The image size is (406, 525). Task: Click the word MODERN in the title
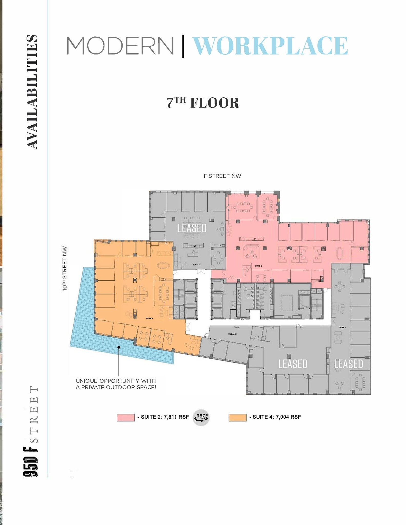pos(120,46)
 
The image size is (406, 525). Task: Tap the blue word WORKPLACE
pos(270,46)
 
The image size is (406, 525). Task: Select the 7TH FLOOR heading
pos(203,103)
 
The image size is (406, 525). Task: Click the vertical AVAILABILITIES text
pos(32,92)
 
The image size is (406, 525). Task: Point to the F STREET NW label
pos(222,176)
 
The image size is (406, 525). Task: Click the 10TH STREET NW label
pos(65,268)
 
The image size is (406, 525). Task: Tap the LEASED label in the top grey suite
pos(192,228)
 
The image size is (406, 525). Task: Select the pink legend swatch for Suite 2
pos(126,417)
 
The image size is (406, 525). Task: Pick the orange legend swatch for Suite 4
pos(237,417)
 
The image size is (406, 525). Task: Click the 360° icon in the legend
pos(201,417)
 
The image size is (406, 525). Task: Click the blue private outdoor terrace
pos(85,320)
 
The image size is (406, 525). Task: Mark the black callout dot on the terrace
pos(119,347)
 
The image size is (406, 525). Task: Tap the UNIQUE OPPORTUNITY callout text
pos(116,384)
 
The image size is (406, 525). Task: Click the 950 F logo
pos(31,461)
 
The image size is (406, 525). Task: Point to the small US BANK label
pos(232,334)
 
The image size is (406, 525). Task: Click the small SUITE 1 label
pos(342,327)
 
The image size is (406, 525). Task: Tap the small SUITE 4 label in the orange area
pos(149,318)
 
